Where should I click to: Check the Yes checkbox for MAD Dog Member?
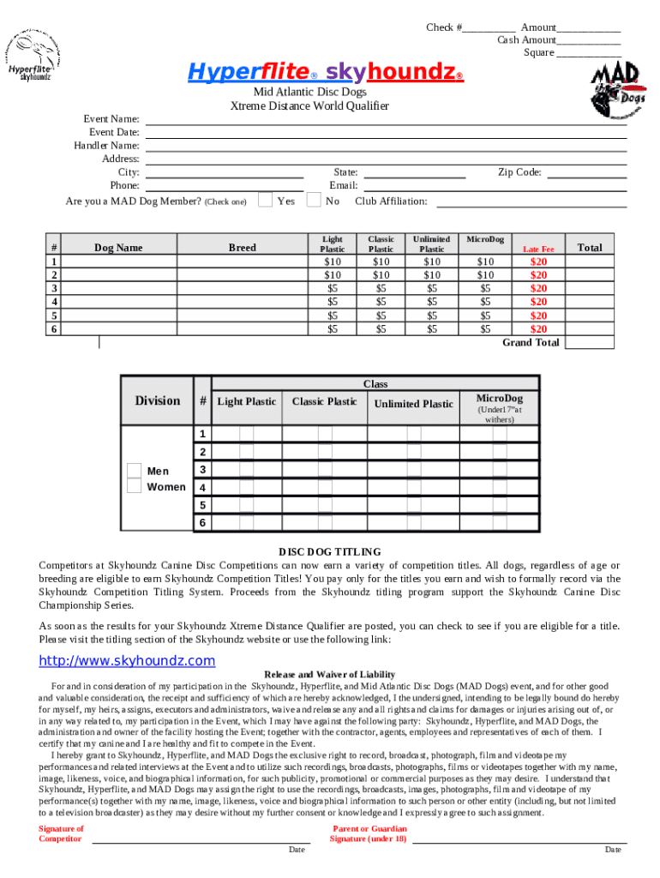[x=266, y=201]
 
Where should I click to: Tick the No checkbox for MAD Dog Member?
[x=314, y=201]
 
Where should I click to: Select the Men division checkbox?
[x=135, y=471]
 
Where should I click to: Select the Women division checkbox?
[x=135, y=486]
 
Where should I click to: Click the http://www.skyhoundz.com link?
[x=128, y=661]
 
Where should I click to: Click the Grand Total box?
[x=591, y=343]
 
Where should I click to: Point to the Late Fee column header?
[x=538, y=249]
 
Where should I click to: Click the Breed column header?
[x=242, y=248]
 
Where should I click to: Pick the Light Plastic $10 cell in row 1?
[x=333, y=262]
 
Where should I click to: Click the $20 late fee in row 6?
[x=538, y=328]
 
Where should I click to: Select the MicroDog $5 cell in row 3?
[x=486, y=288]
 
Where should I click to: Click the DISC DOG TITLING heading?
[x=330, y=552]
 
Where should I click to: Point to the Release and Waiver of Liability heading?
[x=330, y=675]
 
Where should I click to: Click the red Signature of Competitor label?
[x=61, y=833]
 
